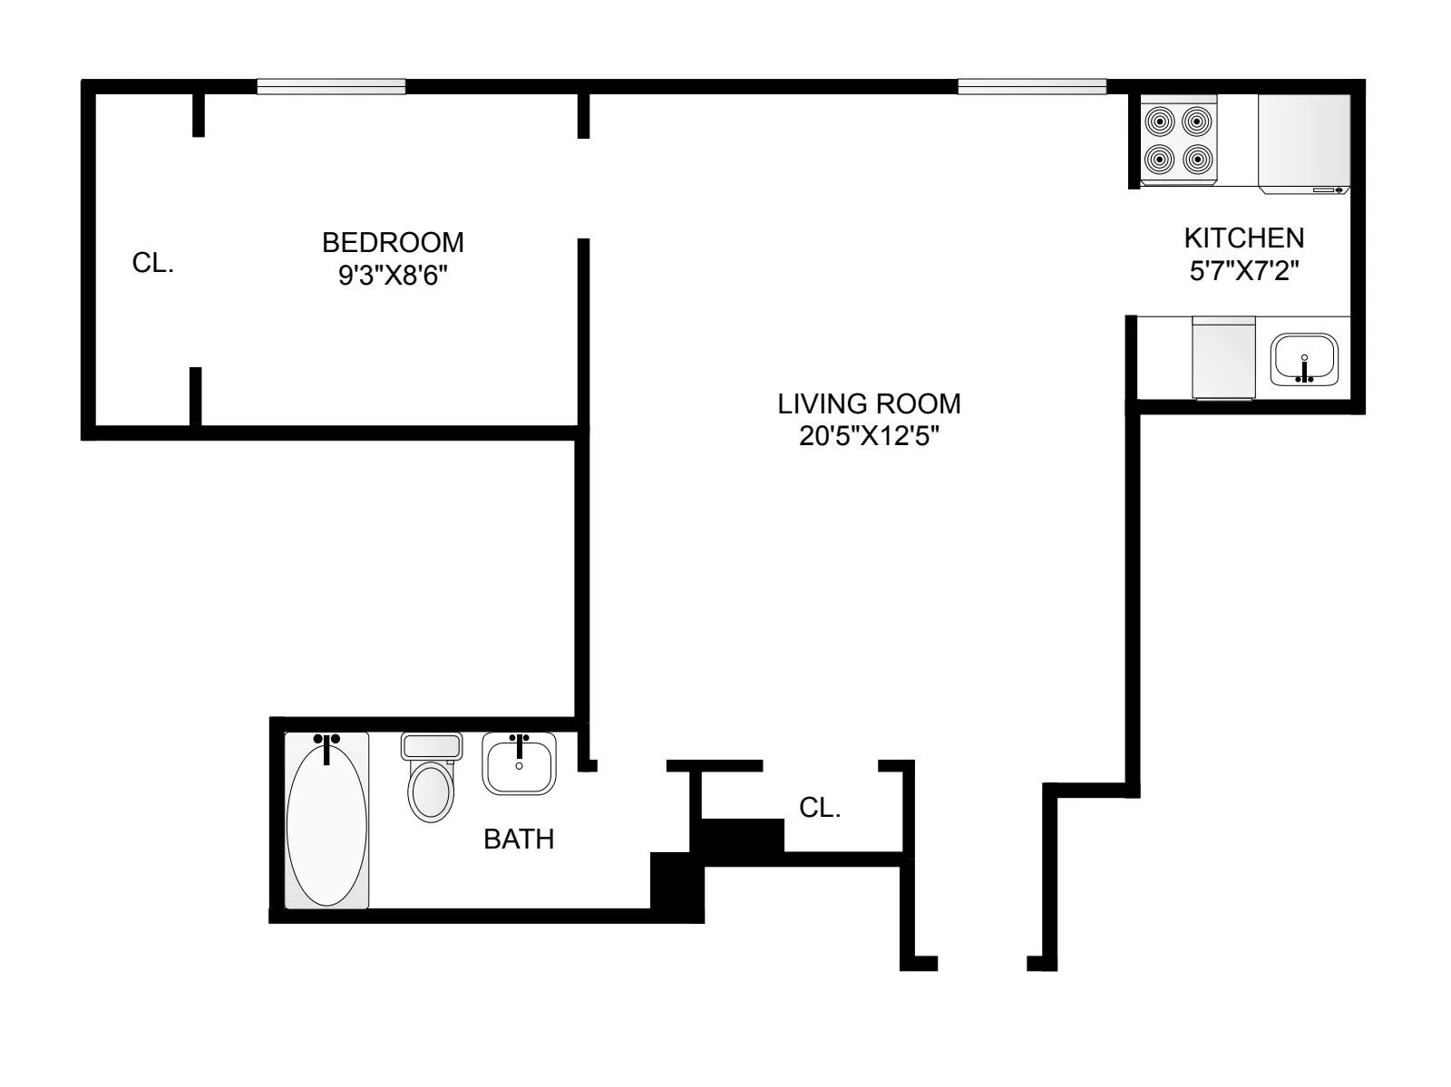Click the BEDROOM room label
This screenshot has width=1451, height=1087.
coord(393,243)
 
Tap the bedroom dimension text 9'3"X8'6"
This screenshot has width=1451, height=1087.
coord(393,276)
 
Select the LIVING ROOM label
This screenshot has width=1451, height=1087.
coord(869,403)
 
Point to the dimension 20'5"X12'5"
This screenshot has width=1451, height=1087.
coord(869,437)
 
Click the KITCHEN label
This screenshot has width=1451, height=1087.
coord(1243,238)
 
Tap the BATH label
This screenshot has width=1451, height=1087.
coord(518,840)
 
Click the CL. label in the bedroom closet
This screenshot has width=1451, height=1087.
coord(152,264)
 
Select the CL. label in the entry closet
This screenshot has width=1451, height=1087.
coord(820,808)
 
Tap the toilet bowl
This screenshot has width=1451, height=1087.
coord(432,791)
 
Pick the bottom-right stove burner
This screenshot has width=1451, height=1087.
coord(1197,160)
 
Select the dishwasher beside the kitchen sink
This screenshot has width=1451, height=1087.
coord(1223,357)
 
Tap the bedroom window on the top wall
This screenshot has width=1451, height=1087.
coord(331,87)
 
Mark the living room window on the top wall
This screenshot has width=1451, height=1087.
coord(1032,87)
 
